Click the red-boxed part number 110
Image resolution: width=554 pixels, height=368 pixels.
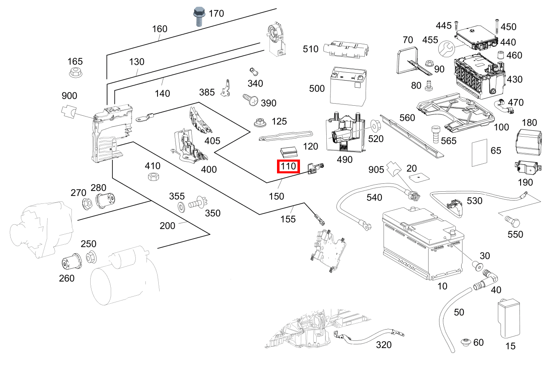tap(288, 166)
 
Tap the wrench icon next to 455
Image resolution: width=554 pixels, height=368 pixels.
tap(446, 49)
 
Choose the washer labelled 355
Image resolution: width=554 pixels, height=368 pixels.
tap(181, 206)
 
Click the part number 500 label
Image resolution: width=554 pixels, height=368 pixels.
tap(317, 89)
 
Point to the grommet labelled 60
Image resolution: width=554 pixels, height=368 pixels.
tap(466, 343)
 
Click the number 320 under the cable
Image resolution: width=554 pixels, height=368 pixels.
tap(384, 345)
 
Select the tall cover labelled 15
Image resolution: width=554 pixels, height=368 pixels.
tap(508, 319)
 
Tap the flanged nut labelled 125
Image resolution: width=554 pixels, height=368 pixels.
tap(261, 123)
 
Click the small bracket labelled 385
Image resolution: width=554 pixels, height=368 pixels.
tap(227, 88)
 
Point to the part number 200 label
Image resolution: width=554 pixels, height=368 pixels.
tap(168, 226)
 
